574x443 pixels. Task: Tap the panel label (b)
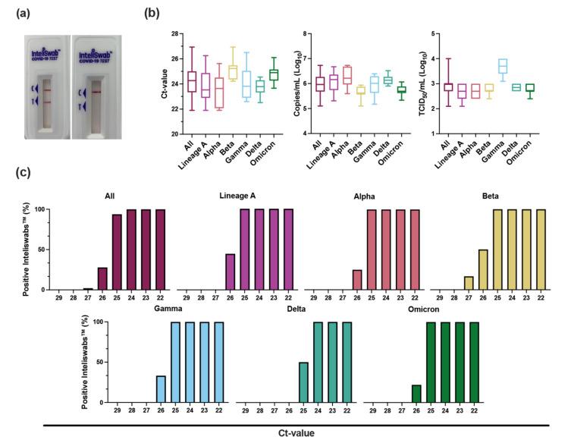[x=152, y=14]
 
